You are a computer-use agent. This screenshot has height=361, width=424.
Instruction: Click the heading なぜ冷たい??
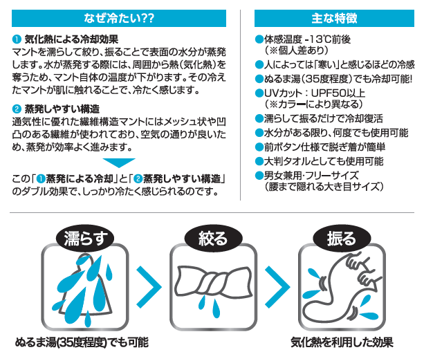pos(119,18)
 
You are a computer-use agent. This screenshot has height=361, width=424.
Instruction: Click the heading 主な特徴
pos(334,18)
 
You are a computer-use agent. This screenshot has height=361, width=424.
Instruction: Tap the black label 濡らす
pos(85,239)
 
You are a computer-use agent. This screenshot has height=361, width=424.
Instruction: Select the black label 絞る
pos(213,238)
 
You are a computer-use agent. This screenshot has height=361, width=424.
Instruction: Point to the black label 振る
pos(342,238)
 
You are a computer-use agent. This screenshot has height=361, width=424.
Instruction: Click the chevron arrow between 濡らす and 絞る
pos(149,286)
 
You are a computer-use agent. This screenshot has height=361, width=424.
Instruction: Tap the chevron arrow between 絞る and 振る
pos(277,286)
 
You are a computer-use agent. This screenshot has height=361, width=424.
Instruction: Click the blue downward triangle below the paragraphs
pos(119,163)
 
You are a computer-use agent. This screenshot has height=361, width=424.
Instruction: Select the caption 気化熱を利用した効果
pos(342,342)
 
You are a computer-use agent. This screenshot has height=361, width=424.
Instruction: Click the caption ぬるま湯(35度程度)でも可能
pos(82,342)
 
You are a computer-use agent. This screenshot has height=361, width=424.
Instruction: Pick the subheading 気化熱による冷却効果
pos(71,39)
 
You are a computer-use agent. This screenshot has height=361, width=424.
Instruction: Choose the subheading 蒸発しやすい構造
pos(62,109)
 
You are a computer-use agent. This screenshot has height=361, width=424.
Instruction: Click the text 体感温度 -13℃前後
pos(307,39)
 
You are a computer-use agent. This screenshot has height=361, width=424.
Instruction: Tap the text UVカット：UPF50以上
pos(315,93)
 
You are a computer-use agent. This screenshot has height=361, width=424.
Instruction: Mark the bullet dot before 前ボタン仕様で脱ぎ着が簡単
pos(259,147)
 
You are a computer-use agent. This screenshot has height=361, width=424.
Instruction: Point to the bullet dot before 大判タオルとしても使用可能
pos(259,161)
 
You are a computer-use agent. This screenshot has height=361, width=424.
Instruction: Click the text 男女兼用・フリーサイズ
pos(311,176)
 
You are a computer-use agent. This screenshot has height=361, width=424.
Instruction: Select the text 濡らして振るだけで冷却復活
pos(324,118)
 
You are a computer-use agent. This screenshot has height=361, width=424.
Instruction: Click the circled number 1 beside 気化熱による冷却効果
pos(17,39)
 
